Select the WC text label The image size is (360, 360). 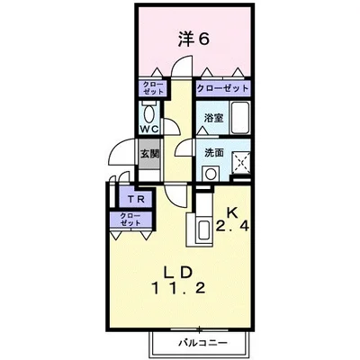(148, 129)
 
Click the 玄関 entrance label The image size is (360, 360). (148, 152)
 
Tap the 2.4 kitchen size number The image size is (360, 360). (231, 228)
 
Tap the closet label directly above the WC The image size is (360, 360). (148, 88)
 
